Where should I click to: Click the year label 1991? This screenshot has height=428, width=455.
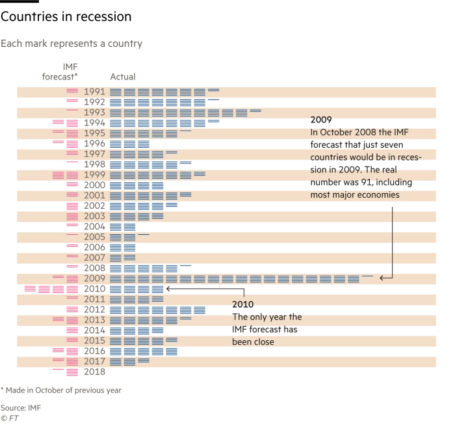click(x=95, y=92)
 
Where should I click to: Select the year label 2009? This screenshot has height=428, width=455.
click(x=95, y=279)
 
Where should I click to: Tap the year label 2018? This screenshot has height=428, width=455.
click(x=95, y=372)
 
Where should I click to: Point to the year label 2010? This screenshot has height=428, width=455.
click(x=95, y=289)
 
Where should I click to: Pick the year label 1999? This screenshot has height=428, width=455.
click(x=95, y=175)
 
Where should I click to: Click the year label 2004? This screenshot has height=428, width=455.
click(x=95, y=227)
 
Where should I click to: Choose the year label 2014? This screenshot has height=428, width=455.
click(x=95, y=330)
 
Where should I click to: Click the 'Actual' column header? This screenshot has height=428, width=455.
click(x=122, y=77)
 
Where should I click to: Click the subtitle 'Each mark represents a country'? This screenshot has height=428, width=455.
click(x=71, y=44)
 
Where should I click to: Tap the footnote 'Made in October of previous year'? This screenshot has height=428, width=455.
click(x=62, y=390)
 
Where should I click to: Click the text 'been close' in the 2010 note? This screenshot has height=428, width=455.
click(x=254, y=342)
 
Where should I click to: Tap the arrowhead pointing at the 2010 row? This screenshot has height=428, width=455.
click(x=168, y=288)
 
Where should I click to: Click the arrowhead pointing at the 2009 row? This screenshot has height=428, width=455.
click(x=382, y=277)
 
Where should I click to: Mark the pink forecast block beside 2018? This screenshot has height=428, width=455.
click(x=71, y=372)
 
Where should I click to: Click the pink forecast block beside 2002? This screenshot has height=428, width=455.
click(x=71, y=206)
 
